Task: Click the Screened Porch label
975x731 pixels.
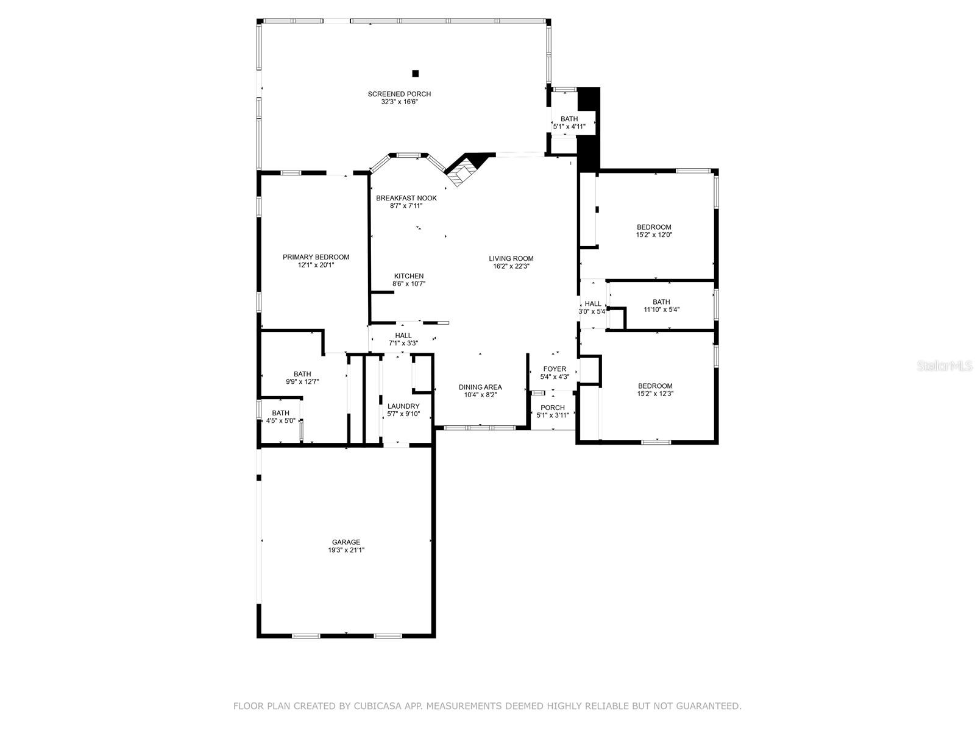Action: (x=399, y=94)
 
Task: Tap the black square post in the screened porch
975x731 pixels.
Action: (x=416, y=73)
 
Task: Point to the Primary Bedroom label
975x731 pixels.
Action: (x=316, y=257)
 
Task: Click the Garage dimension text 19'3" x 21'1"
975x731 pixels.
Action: (x=346, y=550)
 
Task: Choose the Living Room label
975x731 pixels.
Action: (x=511, y=258)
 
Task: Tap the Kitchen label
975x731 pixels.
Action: (x=409, y=276)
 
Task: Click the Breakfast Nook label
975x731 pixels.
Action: (x=406, y=198)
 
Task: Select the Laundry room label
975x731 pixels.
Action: (x=403, y=406)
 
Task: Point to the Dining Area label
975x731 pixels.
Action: (x=480, y=387)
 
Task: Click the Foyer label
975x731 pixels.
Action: (x=555, y=369)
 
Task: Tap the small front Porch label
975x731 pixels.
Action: (x=553, y=408)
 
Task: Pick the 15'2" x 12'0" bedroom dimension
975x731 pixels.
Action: (x=654, y=235)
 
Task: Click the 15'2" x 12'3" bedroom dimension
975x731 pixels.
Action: (x=654, y=394)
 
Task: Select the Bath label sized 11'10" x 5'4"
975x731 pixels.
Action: (x=661, y=302)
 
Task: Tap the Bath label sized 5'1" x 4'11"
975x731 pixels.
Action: (x=569, y=119)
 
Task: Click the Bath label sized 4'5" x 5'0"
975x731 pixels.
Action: (x=280, y=413)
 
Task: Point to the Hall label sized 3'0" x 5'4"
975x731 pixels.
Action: (x=592, y=303)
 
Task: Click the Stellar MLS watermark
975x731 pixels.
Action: (x=945, y=366)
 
